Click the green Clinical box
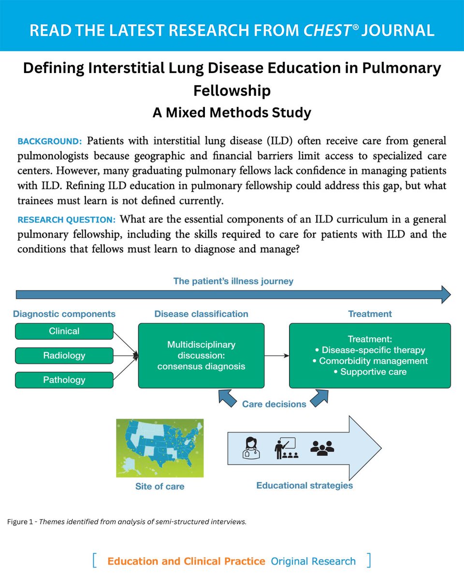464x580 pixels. pos(64,331)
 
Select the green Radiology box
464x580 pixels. pos(64,355)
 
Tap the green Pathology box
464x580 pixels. pos(64,379)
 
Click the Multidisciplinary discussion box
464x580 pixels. pos(201,355)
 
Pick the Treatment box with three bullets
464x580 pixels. pos(370,355)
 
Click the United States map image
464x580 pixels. pos(160,448)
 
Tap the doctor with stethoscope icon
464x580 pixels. pos(252,448)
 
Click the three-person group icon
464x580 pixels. pos(322,448)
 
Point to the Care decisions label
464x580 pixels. pos(274,404)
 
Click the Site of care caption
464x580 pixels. pos(160,486)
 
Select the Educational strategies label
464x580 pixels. pos(304,485)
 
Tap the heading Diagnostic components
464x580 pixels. pos(64,314)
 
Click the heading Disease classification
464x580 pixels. pos(201,314)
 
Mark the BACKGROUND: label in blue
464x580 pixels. pos(50,142)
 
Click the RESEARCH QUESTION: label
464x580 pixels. pos(66,219)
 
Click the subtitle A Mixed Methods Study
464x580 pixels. pos(232,113)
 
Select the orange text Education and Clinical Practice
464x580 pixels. pos(186,561)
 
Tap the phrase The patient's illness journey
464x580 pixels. pos(233,281)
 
